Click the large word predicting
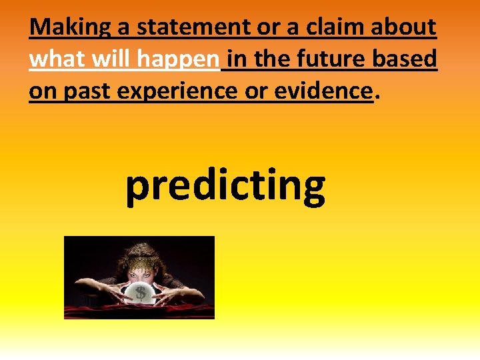[225, 186]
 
